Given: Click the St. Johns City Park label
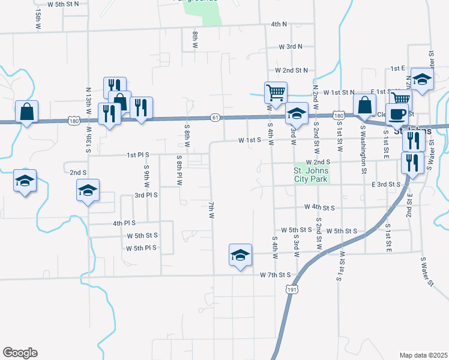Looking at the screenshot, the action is pos(310,175).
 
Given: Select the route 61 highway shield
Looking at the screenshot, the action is pos(214,117).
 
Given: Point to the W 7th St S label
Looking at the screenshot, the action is pos(276,275).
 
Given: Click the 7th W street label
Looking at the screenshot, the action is pos(211,210).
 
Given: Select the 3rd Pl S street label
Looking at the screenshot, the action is pos(146,195).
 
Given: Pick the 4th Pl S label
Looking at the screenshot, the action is pos(125,223).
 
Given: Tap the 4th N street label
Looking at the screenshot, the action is pos(279,25).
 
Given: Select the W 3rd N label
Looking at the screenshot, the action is pos(291,46).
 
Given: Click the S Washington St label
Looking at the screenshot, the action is pos(363,142).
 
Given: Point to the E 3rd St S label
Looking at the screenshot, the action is pos(386,184).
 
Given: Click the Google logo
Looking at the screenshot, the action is pos(20,353).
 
